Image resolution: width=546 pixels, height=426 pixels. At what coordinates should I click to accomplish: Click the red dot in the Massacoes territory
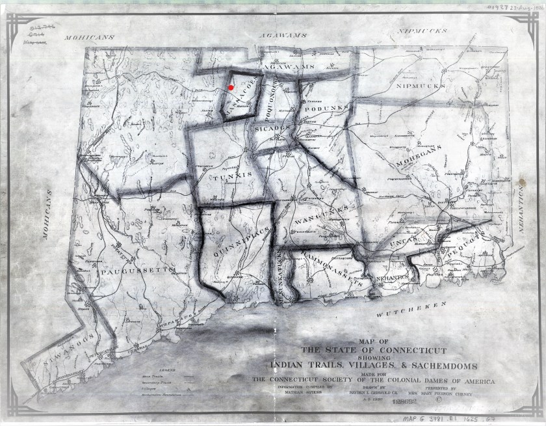coord(231,87)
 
